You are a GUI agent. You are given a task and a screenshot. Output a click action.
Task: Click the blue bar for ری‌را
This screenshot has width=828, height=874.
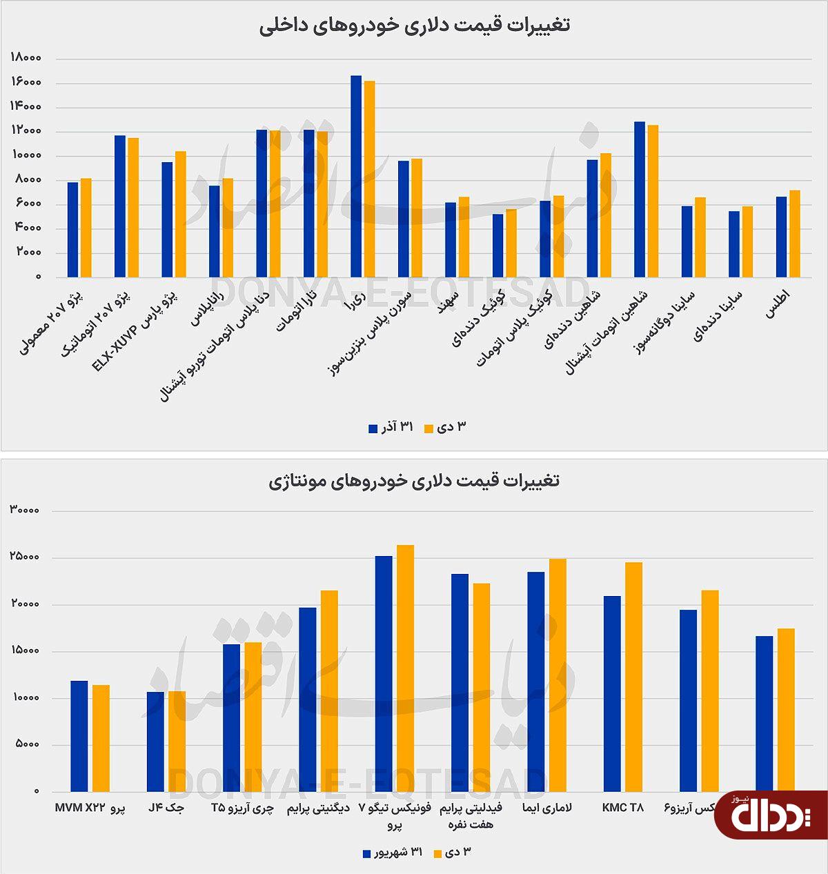pyautogui.click(x=356, y=177)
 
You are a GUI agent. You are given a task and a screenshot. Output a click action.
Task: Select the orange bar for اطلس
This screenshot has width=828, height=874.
pyautogui.click(x=795, y=234)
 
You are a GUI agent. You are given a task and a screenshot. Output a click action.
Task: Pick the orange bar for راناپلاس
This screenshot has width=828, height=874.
pyautogui.click(x=228, y=228)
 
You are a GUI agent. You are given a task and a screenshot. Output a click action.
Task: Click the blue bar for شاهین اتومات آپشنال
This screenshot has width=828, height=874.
pyautogui.click(x=640, y=200)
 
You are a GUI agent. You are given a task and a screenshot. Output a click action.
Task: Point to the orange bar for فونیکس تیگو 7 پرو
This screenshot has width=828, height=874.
pyautogui.click(x=406, y=668)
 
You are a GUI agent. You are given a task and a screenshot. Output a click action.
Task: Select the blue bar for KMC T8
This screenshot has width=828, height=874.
pyautogui.click(x=612, y=694)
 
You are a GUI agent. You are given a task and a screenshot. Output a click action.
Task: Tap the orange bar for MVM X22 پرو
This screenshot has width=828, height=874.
pyautogui.click(x=101, y=738)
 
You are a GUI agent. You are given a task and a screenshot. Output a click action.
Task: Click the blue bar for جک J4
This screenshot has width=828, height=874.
pyautogui.click(x=155, y=742)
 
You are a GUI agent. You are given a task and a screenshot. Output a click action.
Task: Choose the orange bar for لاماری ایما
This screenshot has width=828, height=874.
pyautogui.click(x=558, y=675)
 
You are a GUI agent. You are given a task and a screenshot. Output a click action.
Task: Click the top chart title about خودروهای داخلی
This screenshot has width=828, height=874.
pyautogui.click(x=415, y=26)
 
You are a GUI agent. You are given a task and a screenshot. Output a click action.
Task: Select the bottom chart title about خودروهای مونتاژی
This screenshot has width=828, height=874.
pyautogui.click(x=414, y=480)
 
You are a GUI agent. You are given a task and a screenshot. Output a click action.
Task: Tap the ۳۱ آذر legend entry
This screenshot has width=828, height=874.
pyautogui.click(x=391, y=428)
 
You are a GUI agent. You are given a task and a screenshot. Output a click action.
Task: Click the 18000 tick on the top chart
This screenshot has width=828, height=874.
pyautogui.click(x=27, y=59)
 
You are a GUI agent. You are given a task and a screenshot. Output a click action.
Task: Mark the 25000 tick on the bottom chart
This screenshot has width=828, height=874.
pyautogui.click(x=26, y=557)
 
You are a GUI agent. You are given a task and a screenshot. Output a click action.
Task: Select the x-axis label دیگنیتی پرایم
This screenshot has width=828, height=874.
pyautogui.click(x=316, y=808)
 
